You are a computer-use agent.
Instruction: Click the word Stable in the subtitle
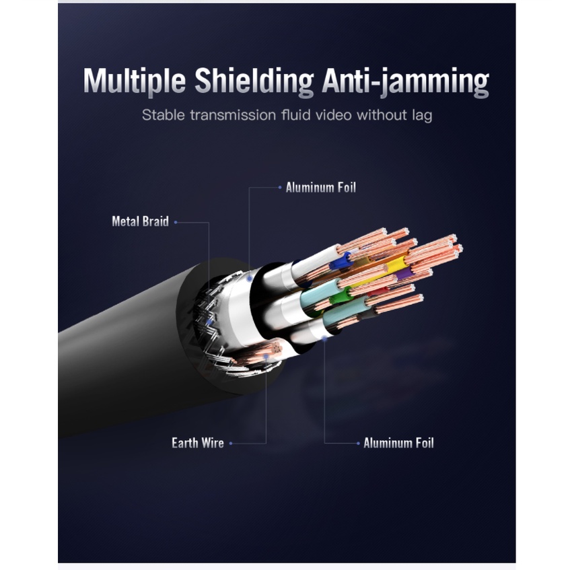coord(162,115)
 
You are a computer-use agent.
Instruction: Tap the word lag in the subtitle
coord(420,115)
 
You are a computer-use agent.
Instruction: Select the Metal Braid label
coord(140,221)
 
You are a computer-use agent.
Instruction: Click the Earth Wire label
coord(198,443)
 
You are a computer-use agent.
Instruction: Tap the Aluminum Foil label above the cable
coord(320,188)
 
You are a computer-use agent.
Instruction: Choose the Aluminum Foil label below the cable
coord(398,443)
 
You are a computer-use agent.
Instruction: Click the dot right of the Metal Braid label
coord(176,221)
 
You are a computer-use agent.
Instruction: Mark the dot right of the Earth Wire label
coord(231,443)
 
